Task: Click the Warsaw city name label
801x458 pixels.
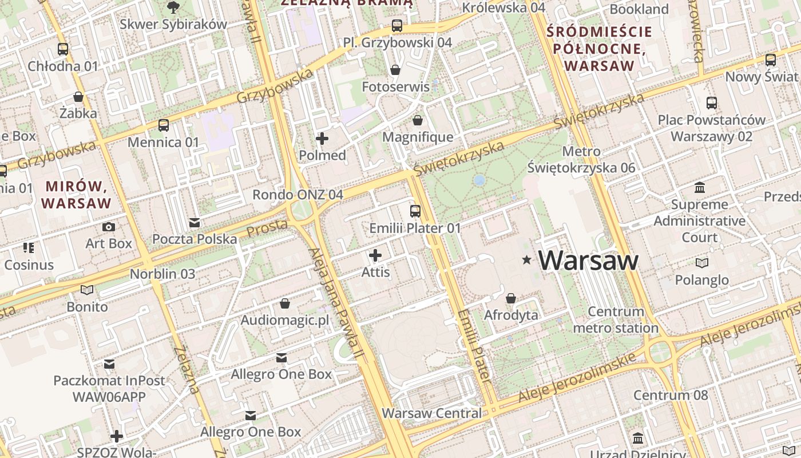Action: coord(588,260)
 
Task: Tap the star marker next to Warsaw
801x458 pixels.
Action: coord(526,260)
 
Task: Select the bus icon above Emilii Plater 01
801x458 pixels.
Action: coord(415,211)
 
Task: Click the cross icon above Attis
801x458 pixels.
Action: coord(375,255)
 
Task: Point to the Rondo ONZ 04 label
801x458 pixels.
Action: coord(298,195)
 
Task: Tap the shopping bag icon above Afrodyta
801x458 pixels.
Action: coord(511,298)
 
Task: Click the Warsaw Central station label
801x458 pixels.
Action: coord(432,413)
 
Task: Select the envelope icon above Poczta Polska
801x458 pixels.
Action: coord(195,222)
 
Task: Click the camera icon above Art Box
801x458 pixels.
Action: coord(109,227)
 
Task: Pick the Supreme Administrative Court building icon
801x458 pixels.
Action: coord(699,188)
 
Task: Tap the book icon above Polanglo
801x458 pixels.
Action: coord(701,263)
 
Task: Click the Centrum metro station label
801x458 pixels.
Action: coord(616,320)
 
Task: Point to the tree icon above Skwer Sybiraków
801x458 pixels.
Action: coord(173,7)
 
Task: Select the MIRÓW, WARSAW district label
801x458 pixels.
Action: coord(77,195)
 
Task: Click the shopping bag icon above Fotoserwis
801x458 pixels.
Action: coord(395,70)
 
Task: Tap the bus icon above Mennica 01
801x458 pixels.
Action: coord(164,125)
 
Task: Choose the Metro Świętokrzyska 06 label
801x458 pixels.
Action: coord(581,160)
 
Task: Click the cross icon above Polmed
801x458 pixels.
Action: coord(322,138)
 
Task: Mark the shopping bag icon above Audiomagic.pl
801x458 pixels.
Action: coord(285,303)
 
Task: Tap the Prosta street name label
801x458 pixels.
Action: coord(267,228)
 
